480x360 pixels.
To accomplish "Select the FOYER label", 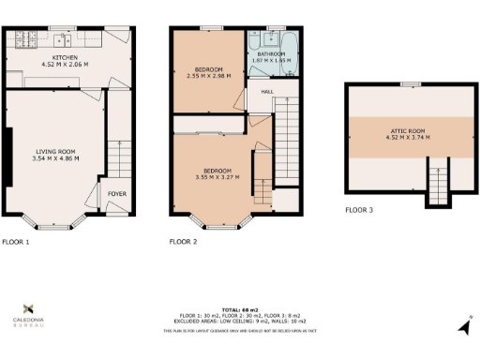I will tap(117, 195).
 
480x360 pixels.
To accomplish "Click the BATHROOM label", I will tap(269, 53).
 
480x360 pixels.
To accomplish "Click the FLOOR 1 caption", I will tap(15, 242).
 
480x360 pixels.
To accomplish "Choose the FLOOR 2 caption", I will tap(183, 242).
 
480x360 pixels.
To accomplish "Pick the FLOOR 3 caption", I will tap(358, 210).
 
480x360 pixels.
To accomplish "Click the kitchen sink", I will tap(62, 38).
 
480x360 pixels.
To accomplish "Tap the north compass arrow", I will tap(463, 325).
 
